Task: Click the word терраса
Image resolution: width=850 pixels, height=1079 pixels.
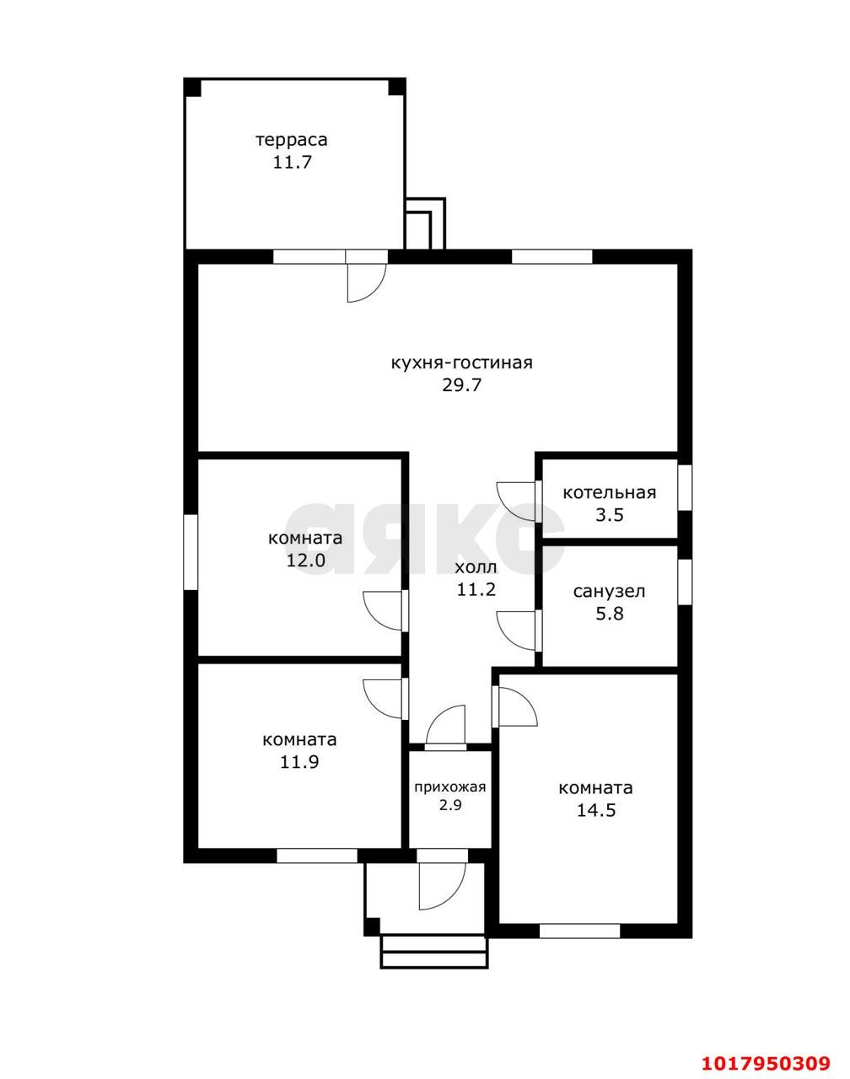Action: pos(292,140)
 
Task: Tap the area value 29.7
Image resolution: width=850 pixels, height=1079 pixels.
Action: pos(461,385)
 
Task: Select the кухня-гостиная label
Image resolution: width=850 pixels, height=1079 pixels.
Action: pos(461,362)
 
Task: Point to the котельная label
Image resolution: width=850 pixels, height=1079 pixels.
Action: pos(609,493)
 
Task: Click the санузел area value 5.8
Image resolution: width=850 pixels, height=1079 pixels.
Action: pos(609,614)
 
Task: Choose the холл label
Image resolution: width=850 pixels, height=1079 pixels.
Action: pos(476,567)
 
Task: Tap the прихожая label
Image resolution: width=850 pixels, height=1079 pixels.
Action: pos(450,787)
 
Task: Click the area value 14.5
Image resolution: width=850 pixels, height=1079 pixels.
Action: pos(595,810)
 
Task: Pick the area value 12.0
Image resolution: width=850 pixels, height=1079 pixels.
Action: pos(306,560)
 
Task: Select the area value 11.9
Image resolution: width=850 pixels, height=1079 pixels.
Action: pos(299,762)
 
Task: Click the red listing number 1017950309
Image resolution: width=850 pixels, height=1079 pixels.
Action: pos(766,1059)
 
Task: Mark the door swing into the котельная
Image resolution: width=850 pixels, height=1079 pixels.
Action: pos(516,502)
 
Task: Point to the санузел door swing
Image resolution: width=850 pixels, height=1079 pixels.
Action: pos(516,631)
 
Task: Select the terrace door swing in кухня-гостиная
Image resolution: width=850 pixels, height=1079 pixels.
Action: pos(367,282)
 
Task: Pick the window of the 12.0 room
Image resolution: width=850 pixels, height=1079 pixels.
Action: pos(191,552)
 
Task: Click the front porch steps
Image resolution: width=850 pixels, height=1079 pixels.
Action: pos(434,952)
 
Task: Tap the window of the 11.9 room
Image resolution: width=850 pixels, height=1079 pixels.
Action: pos(317,856)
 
